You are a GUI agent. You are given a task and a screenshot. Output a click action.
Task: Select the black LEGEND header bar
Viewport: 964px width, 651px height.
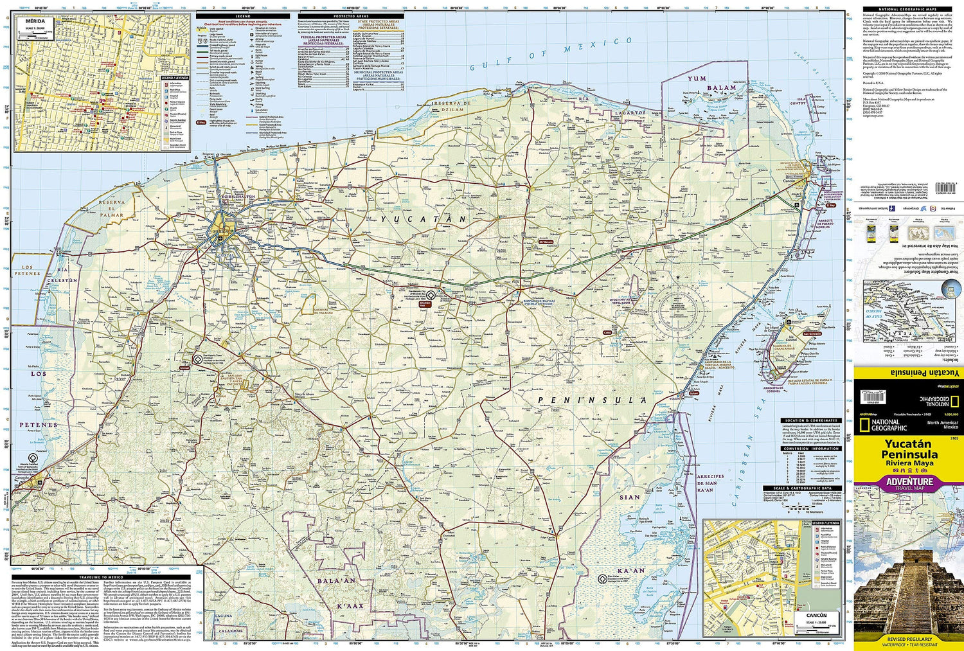point(242,15)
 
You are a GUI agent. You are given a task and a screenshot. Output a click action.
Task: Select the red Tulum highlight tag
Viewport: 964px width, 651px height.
point(693,393)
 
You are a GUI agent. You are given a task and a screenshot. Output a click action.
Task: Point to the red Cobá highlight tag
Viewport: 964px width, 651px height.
point(607,332)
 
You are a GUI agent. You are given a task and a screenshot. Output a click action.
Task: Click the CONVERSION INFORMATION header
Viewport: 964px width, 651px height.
point(810,449)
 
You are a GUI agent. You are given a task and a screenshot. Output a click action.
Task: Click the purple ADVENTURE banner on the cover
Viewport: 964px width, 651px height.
point(909,482)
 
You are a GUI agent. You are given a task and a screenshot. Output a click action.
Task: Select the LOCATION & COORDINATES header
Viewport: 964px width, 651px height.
point(810,420)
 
